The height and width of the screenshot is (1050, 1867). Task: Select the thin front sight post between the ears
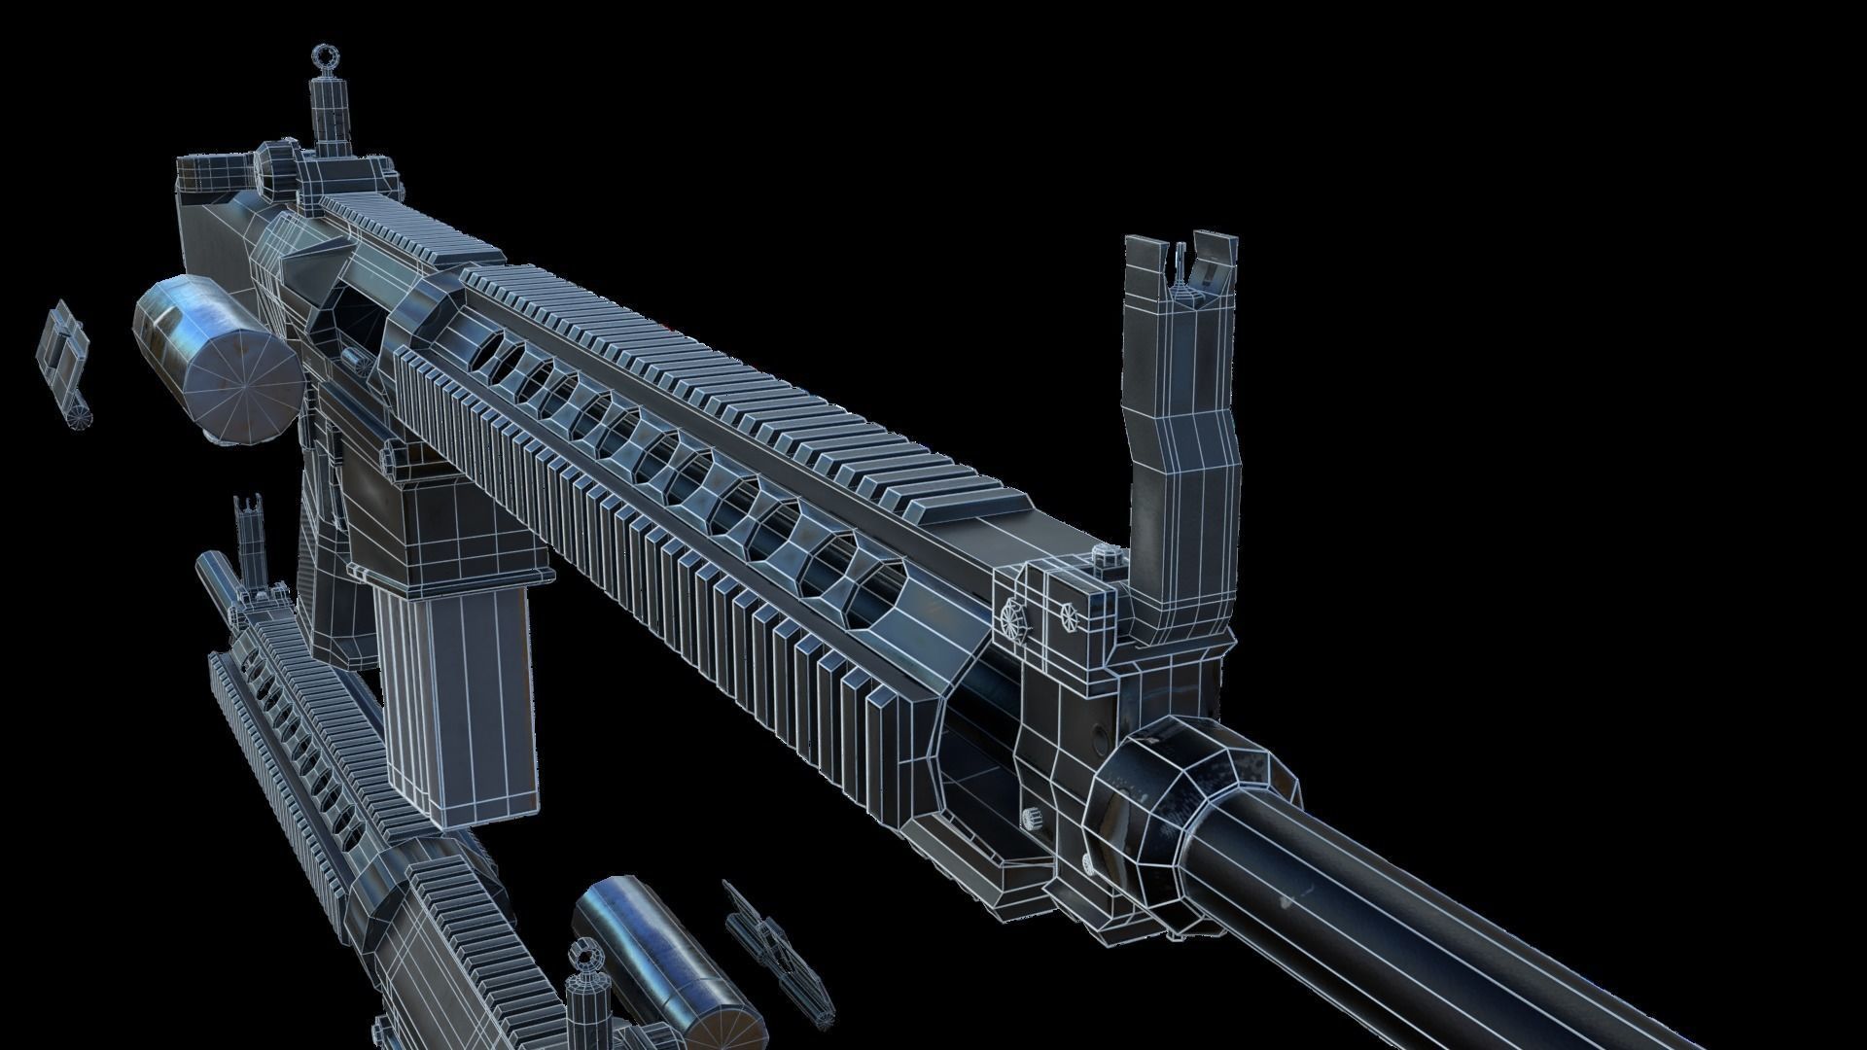click(1183, 262)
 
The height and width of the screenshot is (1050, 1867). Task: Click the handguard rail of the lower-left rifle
click(292, 739)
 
